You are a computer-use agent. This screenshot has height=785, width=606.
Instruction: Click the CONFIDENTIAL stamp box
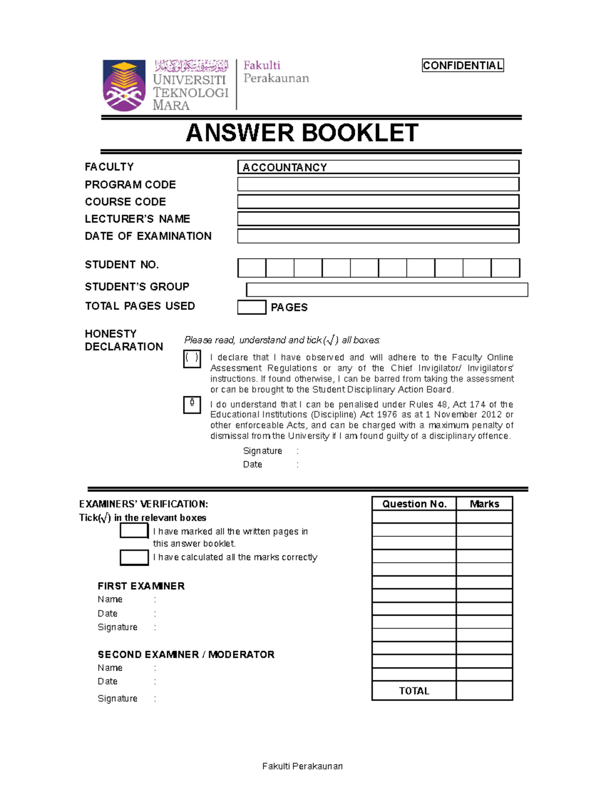tap(463, 65)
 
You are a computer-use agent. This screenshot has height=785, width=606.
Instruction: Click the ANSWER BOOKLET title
tap(302, 133)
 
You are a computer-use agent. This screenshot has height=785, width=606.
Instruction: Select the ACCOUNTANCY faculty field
tap(378, 167)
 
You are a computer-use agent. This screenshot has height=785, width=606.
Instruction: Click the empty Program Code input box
tap(378, 184)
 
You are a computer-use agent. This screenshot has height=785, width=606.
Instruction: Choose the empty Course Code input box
tap(378, 202)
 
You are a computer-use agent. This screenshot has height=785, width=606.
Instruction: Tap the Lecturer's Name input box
tap(378, 219)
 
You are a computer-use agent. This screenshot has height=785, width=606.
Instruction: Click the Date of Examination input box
tap(378, 236)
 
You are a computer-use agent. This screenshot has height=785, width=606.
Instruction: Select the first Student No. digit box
tap(251, 268)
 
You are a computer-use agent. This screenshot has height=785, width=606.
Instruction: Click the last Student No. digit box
tap(506, 268)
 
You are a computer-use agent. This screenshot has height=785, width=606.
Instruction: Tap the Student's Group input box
tap(387, 290)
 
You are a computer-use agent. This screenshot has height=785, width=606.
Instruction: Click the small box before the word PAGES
tap(251, 307)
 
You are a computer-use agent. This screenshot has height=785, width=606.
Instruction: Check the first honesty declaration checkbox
tap(192, 359)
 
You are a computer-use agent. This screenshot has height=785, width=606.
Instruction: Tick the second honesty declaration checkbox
tap(192, 405)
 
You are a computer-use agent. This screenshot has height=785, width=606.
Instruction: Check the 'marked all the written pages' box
tap(134, 531)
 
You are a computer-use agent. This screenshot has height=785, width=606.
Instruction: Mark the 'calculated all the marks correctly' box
tap(134, 557)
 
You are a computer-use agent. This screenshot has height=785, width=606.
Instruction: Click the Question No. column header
tap(414, 503)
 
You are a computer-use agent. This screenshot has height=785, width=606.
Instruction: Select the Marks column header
tap(484, 503)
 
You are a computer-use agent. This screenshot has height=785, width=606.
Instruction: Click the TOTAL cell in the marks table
tap(414, 690)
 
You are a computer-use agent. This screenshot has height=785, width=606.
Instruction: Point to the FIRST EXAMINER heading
tap(141, 586)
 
